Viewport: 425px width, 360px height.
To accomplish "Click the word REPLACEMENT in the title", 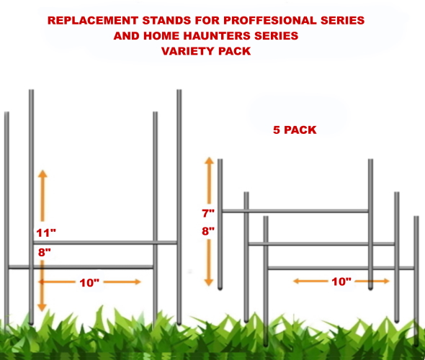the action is click(x=93, y=21).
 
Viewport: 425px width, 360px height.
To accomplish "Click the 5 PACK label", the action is click(x=295, y=130).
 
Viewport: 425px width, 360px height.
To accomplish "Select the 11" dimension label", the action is click(x=46, y=233).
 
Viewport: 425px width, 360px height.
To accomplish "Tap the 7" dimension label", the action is click(x=208, y=213).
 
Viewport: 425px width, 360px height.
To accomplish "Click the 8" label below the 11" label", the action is click(x=45, y=253).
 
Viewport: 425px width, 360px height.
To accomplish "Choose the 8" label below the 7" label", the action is click(x=208, y=231).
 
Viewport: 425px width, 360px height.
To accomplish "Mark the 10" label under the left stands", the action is click(x=89, y=283).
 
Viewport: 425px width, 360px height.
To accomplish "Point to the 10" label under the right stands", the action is click(x=341, y=282).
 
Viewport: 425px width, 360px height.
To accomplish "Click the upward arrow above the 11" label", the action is click(x=42, y=196).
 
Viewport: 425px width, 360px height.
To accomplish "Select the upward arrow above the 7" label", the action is click(x=209, y=181).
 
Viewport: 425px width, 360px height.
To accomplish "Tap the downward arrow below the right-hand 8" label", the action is click(x=209, y=263).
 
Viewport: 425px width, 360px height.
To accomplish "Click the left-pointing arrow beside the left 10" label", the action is click(x=57, y=282).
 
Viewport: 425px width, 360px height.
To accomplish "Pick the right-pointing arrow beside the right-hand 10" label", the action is click(x=372, y=282).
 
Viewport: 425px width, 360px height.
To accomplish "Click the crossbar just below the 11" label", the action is click(x=105, y=243).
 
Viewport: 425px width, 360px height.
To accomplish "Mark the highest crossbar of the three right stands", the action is click(x=295, y=211).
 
